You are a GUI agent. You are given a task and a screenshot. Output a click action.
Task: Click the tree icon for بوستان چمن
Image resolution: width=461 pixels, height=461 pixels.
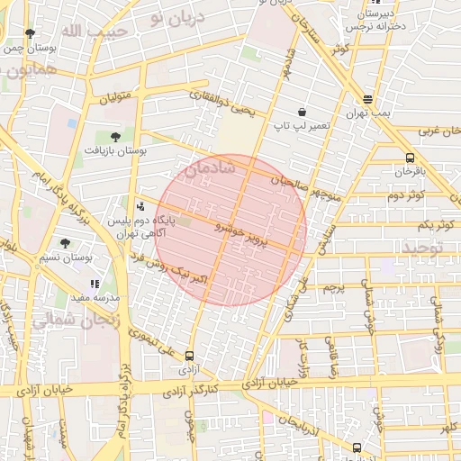point(30,34)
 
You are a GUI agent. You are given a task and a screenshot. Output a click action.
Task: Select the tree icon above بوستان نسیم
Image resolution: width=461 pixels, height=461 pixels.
point(65,242)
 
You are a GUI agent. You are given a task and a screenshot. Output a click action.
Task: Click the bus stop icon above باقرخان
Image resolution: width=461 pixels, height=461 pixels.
point(411,157)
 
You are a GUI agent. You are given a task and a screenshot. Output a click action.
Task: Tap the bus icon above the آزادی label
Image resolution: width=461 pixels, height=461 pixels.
point(188,356)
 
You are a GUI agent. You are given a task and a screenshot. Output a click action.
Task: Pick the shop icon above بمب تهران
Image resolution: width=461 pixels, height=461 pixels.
point(367,100)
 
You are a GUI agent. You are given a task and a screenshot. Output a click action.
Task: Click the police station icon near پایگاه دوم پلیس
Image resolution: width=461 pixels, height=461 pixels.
point(138,205)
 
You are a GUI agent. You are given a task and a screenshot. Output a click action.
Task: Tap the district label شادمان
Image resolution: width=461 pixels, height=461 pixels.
point(210,167)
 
